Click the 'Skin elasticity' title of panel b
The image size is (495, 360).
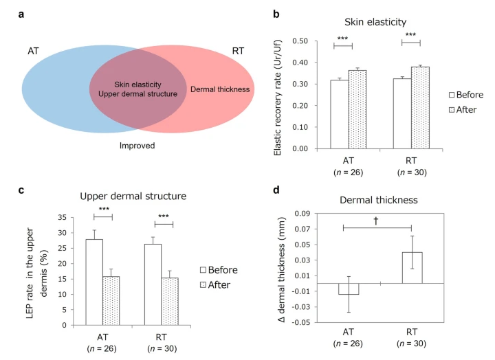[377, 22]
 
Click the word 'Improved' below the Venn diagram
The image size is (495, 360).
[137, 146]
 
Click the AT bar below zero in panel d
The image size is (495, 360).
[349, 289]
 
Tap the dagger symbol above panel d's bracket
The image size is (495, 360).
[377, 221]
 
